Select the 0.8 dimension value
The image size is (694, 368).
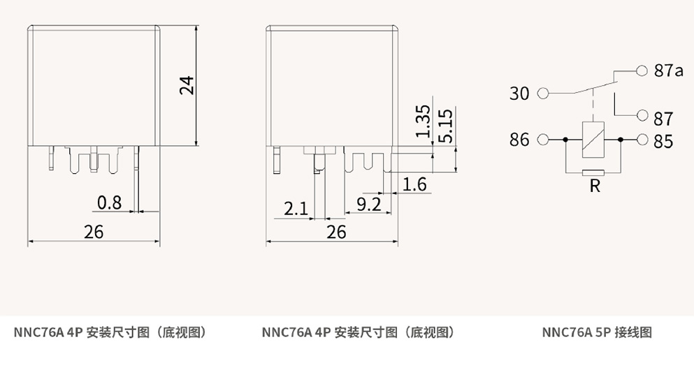(109, 203)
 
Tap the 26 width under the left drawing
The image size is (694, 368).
(93, 232)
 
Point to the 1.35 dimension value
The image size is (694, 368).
(422, 122)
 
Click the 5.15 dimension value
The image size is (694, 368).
(444, 126)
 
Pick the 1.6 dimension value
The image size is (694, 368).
(414, 184)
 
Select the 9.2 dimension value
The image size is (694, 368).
(368, 204)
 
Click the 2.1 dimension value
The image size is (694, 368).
(296, 208)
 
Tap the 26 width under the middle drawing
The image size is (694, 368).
(336, 232)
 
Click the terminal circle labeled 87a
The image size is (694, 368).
(642, 70)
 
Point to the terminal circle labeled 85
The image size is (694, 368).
(642, 140)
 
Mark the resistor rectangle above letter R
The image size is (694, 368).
(593, 172)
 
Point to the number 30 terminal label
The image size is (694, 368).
(519, 93)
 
